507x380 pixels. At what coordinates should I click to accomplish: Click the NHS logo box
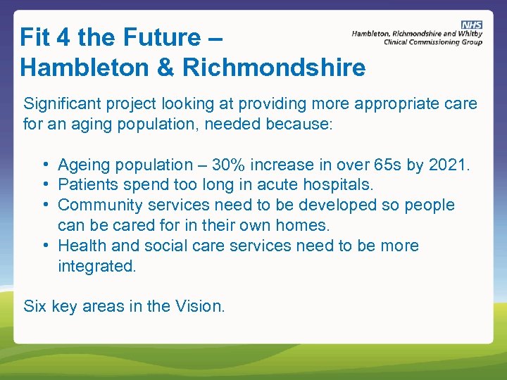click(472, 25)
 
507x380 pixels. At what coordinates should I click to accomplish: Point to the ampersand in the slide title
click(163, 68)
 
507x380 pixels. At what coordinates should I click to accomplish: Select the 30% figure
click(228, 165)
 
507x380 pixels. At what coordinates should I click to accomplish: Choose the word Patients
click(88, 185)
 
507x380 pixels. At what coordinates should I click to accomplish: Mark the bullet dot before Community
click(44, 205)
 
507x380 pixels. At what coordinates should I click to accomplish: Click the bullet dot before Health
click(44, 246)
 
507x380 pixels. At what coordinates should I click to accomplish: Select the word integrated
click(96, 267)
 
